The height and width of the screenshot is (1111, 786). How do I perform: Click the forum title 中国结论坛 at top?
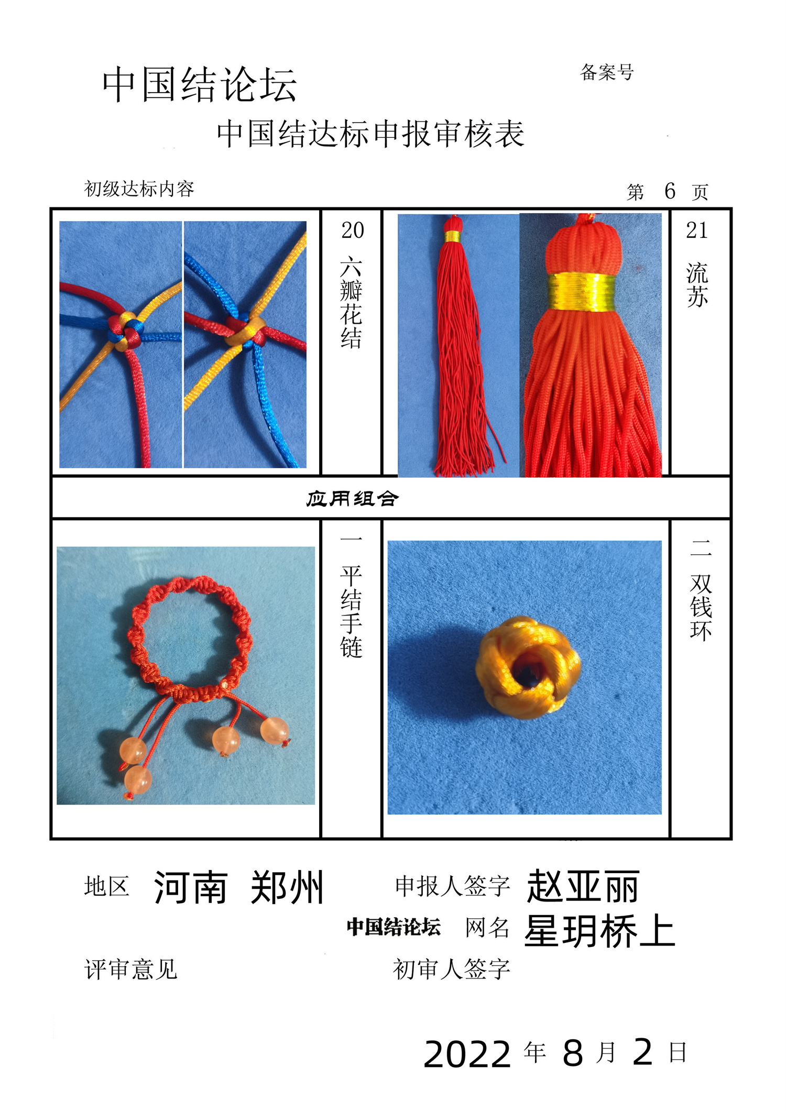(200, 84)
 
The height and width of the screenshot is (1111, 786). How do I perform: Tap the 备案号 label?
(607, 72)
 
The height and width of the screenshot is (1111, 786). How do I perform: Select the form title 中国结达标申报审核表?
(370, 134)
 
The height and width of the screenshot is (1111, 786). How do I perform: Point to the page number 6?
(670, 191)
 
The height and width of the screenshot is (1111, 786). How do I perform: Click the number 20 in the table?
(352, 230)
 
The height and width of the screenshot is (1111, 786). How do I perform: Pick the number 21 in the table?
(697, 230)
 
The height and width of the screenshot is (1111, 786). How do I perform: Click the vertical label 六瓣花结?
(351, 302)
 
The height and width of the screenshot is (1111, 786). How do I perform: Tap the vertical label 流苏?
(697, 284)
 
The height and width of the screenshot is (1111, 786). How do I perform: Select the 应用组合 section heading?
(352, 499)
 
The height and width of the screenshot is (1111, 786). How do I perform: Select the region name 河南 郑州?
(238, 887)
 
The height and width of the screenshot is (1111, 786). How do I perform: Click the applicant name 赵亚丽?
(583, 886)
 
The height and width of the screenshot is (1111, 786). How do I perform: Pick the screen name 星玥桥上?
(600, 931)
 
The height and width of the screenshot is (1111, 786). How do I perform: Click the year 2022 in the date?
(467, 1053)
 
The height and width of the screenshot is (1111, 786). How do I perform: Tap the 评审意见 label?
(131, 969)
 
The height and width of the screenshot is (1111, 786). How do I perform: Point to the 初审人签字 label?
(452, 969)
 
